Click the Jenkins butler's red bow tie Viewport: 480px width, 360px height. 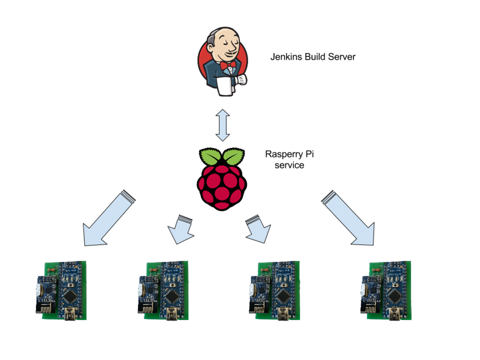[x=228, y=65]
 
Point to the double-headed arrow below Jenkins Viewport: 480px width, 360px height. [x=223, y=125]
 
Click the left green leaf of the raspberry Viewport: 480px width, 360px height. [x=210, y=156]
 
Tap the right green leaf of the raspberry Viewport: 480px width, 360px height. [x=234, y=156]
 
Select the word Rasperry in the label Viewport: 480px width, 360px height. [x=283, y=154]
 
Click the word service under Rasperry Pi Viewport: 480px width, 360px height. [x=289, y=165]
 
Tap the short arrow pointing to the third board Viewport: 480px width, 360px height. [x=258, y=229]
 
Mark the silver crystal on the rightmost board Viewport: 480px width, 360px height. [x=363, y=290]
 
